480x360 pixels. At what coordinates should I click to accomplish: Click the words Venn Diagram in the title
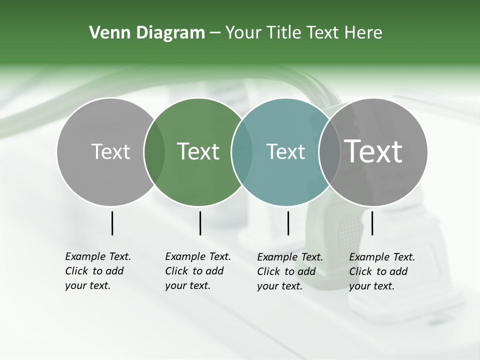click(x=147, y=33)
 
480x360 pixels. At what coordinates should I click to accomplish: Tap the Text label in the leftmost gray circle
click(x=110, y=151)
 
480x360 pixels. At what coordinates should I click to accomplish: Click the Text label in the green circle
click(x=198, y=151)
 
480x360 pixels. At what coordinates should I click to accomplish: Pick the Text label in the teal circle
click(x=285, y=151)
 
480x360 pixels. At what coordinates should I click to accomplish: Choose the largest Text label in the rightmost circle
click(x=373, y=151)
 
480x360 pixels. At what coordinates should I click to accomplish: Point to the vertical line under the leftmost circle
click(x=112, y=223)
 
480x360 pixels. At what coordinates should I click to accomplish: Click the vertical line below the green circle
click(x=200, y=223)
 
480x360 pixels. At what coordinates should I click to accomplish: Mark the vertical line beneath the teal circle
click(x=288, y=223)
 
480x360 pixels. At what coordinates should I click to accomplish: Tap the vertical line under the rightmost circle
click(x=372, y=223)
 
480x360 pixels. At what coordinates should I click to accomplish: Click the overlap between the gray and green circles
click(x=154, y=152)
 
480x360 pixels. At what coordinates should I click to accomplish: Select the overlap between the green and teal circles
click(x=242, y=152)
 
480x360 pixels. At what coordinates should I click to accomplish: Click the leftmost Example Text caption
click(x=98, y=271)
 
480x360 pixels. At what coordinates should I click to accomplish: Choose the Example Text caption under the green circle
click(x=198, y=271)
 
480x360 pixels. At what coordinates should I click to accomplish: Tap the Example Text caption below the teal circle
click(x=290, y=271)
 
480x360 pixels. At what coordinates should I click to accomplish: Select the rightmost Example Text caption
click(x=382, y=271)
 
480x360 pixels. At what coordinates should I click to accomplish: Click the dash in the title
click(x=215, y=33)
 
